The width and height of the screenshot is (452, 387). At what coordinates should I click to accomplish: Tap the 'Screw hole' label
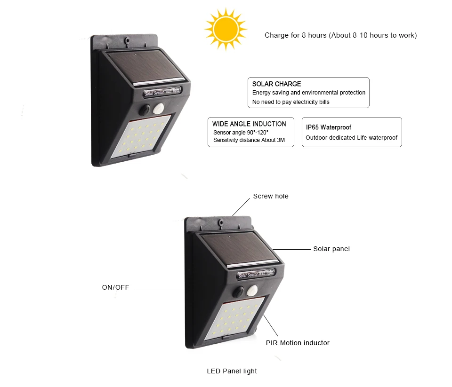tap(271, 196)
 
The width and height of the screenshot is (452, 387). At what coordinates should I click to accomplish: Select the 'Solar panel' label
tap(331, 249)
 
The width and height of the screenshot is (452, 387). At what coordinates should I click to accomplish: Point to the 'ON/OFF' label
tap(115, 287)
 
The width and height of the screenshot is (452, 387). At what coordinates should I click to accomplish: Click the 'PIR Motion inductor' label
tap(298, 343)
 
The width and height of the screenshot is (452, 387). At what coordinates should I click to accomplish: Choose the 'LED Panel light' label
tap(232, 371)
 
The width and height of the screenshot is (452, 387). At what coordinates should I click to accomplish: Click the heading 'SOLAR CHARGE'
tap(276, 84)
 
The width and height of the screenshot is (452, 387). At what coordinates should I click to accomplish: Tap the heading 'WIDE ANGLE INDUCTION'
tap(249, 124)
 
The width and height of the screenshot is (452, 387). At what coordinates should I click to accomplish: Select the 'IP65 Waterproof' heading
tap(329, 127)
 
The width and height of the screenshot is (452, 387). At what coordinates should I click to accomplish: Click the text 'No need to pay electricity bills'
tap(291, 102)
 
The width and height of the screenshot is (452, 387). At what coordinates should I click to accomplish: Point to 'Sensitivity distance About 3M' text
tap(249, 140)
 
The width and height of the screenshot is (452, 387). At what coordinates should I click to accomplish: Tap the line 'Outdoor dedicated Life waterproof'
tap(351, 138)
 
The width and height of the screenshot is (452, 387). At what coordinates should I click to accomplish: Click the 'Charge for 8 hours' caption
tap(340, 35)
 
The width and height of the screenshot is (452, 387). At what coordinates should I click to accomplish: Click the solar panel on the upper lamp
tap(145, 68)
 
